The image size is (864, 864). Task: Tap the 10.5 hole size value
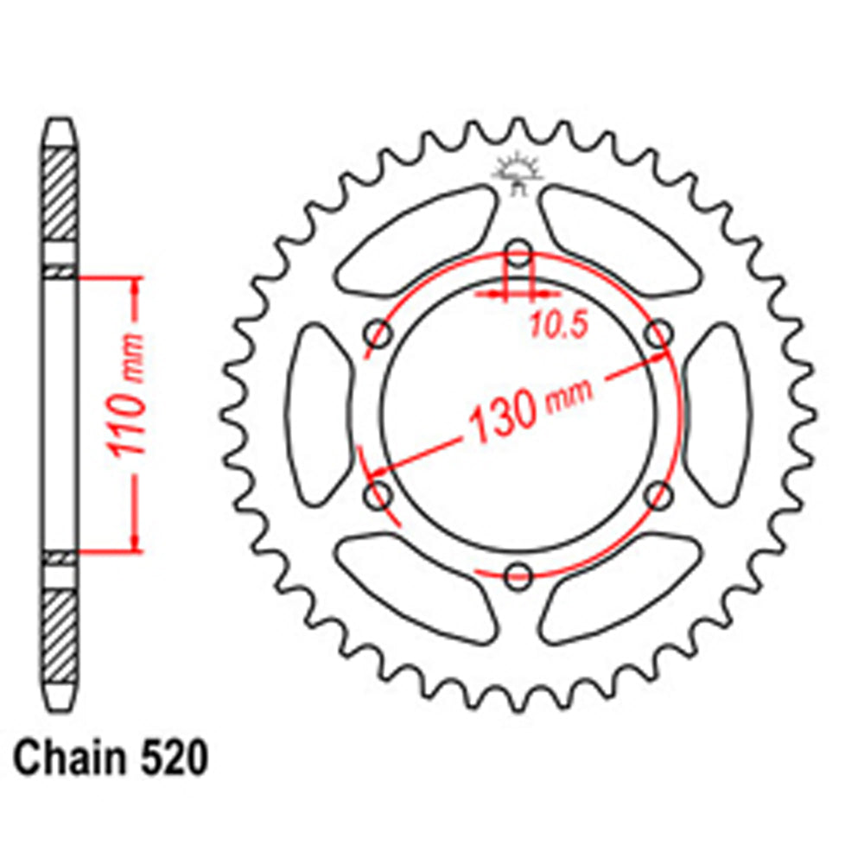tap(558, 325)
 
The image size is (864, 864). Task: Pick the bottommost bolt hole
tap(518, 576)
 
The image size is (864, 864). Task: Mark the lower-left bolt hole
tap(378, 495)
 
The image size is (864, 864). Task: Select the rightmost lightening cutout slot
tap(718, 415)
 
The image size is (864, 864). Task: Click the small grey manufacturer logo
tap(517, 170)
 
